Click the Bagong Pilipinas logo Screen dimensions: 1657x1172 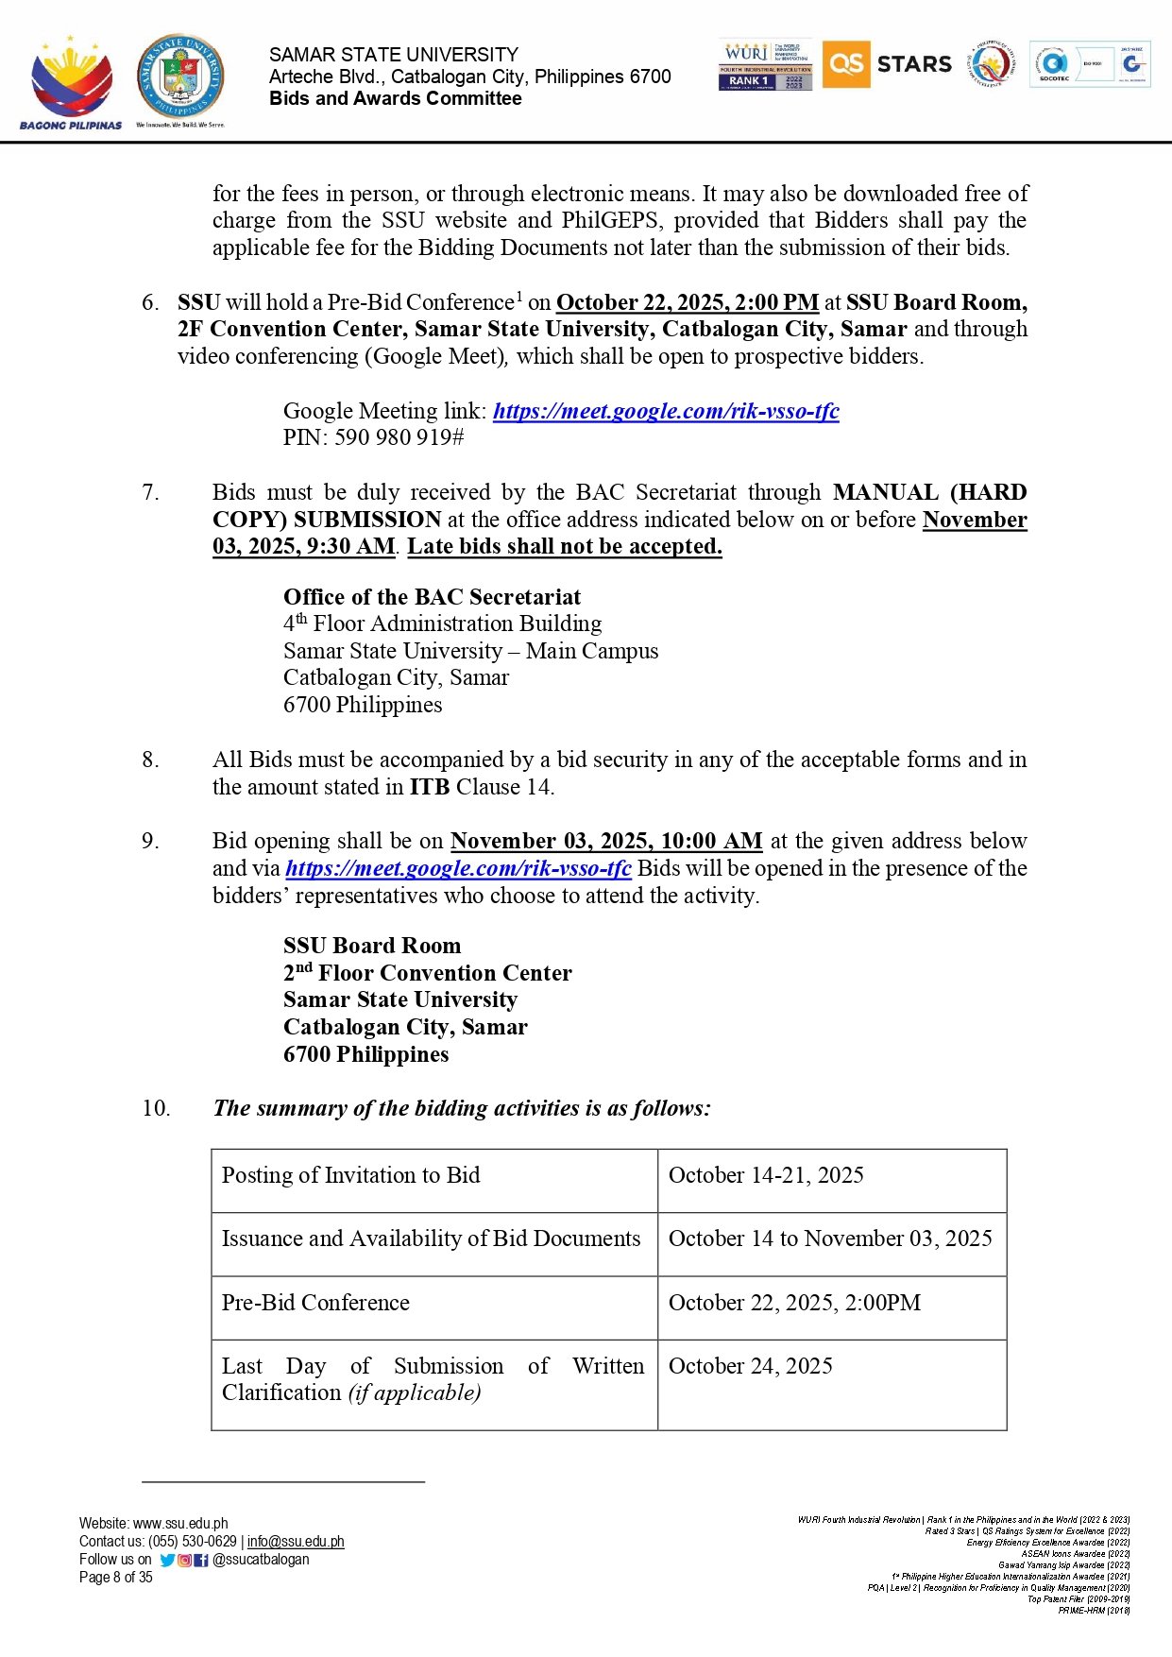(71, 82)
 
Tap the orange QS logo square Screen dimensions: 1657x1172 (845, 64)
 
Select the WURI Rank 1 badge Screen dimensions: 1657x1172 (765, 65)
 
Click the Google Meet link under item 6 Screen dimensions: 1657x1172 (666, 411)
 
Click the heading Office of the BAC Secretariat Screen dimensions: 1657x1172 (432, 597)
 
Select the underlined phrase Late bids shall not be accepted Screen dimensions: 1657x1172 (564, 546)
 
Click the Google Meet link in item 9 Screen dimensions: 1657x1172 (458, 868)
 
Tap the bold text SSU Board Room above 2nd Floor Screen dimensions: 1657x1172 (372, 946)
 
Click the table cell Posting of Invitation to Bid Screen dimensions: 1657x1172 (351, 1175)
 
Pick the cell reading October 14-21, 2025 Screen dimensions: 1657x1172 (766, 1175)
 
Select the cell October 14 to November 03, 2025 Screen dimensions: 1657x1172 (830, 1238)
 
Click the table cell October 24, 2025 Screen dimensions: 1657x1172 (751, 1366)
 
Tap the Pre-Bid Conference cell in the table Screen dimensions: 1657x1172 (315, 1303)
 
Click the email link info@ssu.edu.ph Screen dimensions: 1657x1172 (296, 1542)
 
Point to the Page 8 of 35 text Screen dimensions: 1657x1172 (116, 1577)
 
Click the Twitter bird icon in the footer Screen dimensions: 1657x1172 (167, 1560)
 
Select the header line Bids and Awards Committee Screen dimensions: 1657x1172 (395, 98)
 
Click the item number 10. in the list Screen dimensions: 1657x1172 (156, 1108)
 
